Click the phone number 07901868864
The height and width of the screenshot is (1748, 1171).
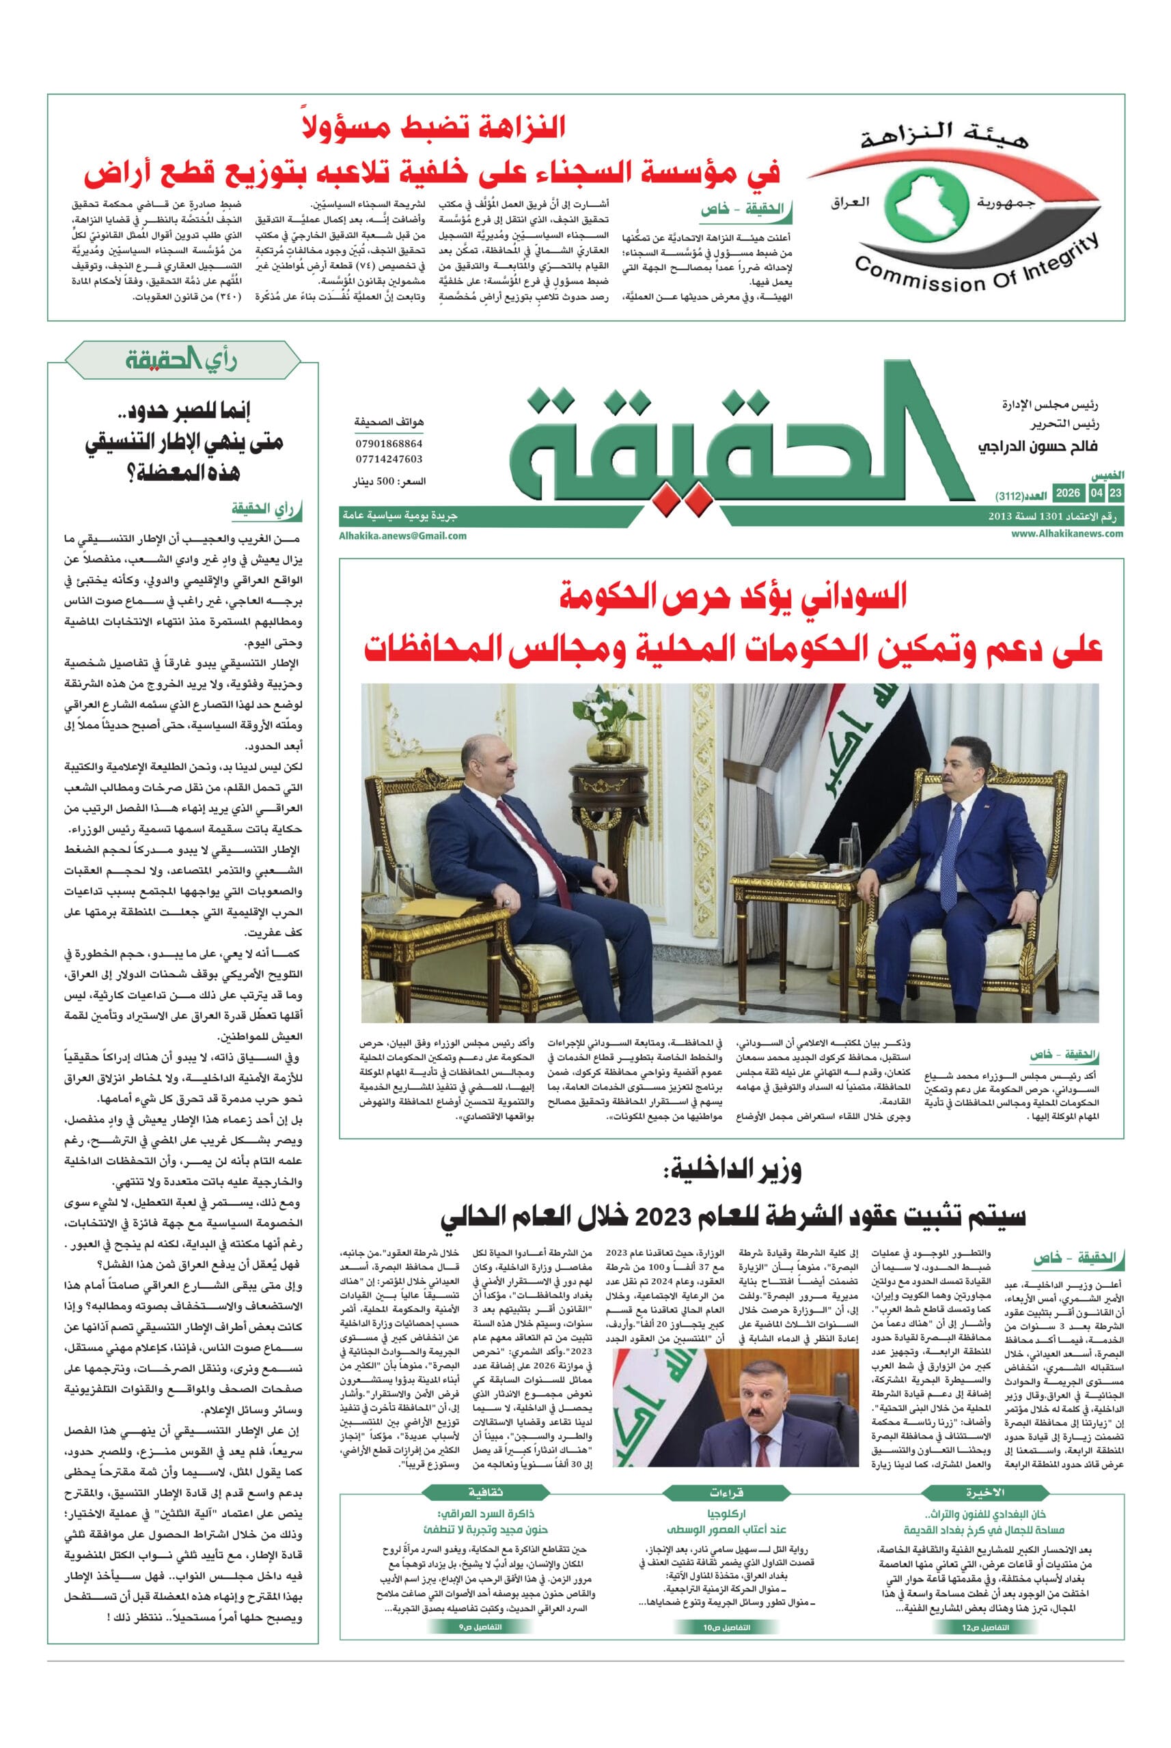coord(388,444)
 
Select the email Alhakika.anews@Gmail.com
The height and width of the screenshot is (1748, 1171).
coord(402,535)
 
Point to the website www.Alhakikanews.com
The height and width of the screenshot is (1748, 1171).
coord(1067,534)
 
